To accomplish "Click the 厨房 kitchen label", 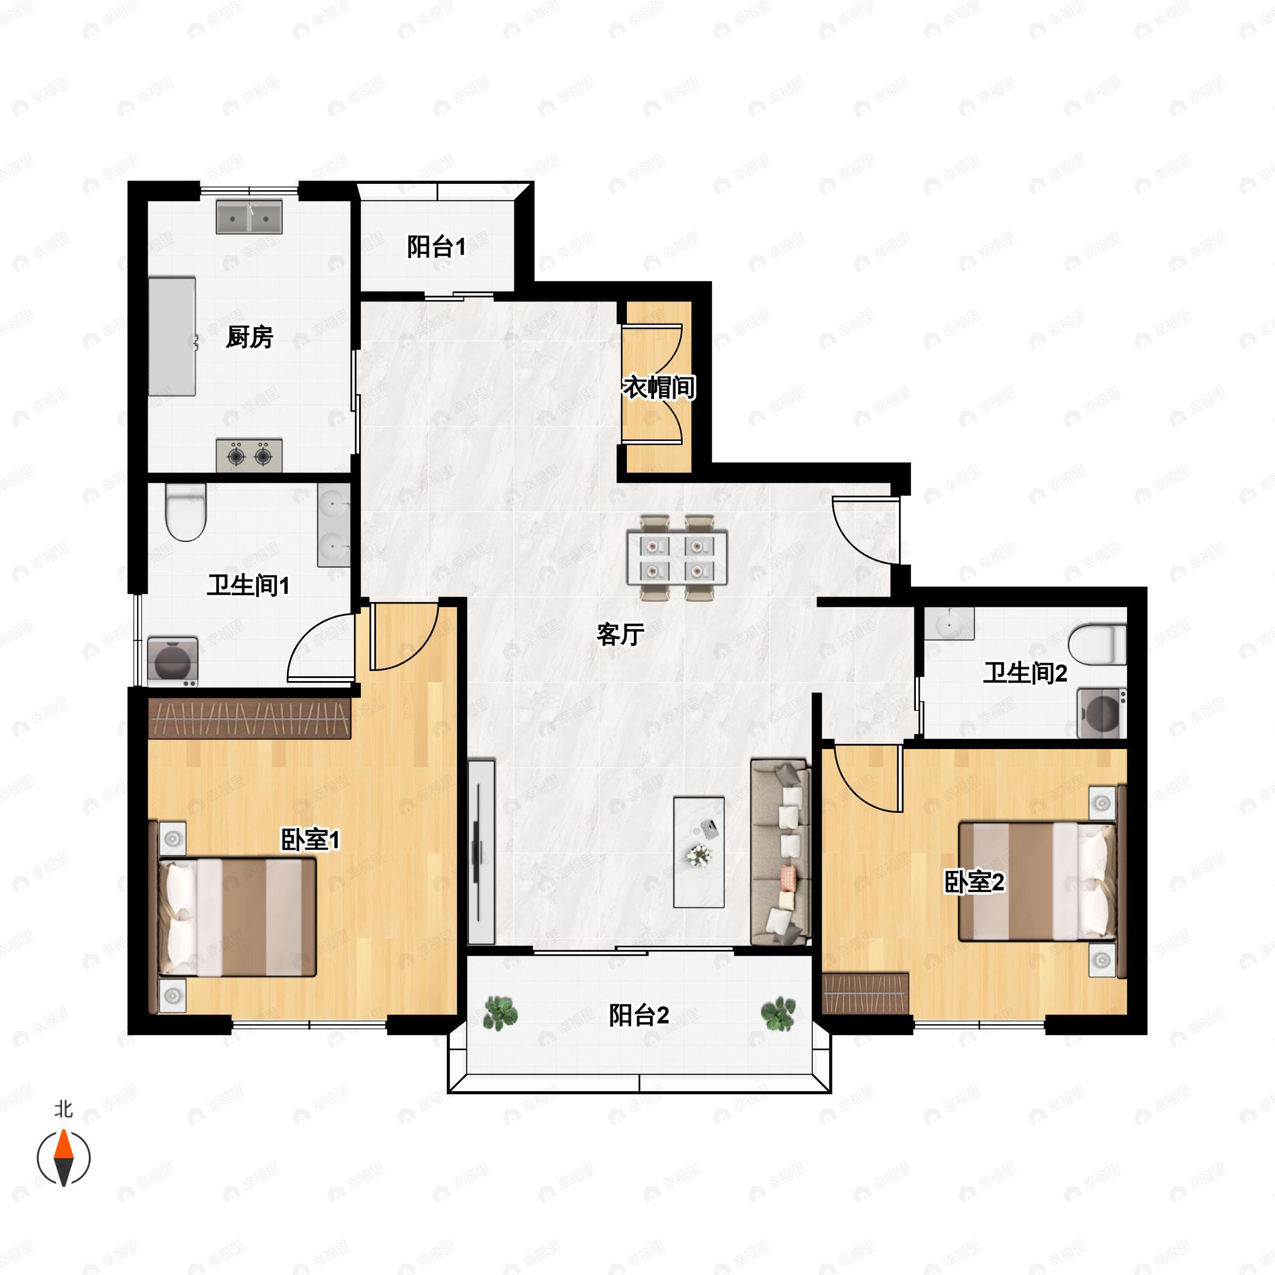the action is (250, 337).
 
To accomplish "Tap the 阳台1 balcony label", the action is (436, 247).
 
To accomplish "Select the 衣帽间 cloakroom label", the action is (659, 387).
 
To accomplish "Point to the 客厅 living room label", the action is (620, 634).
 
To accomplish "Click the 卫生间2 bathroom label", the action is (1025, 673).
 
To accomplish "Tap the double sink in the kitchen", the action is (250, 216).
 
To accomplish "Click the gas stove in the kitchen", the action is (250, 455).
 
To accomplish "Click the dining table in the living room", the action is (676, 558).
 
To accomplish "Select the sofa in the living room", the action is (781, 851).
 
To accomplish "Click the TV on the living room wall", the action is (481, 851).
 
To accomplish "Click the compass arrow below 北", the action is (63, 1158).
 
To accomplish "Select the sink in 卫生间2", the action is (949, 624).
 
